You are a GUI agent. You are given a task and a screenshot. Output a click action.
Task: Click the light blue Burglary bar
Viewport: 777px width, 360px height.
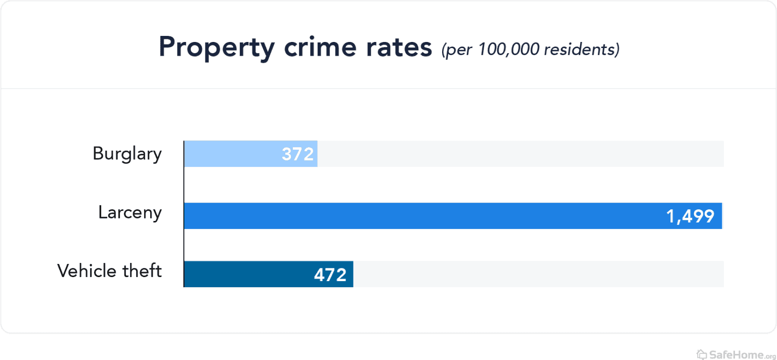point(233,154)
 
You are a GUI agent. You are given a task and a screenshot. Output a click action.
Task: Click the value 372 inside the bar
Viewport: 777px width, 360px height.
point(298,154)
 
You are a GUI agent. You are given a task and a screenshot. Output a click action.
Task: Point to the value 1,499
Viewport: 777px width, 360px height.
point(690,216)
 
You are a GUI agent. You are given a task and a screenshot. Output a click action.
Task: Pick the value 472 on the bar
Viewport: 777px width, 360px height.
point(330,275)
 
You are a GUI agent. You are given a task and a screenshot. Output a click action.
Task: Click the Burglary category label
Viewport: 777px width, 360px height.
point(127,154)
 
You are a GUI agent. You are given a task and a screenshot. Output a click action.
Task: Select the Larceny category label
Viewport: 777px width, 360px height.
point(130,213)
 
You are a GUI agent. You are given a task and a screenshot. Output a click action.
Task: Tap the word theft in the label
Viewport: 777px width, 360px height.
point(142,271)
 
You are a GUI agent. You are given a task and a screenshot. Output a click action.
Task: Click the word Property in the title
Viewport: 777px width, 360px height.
point(216,48)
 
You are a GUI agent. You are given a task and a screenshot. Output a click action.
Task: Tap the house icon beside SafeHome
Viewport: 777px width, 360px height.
point(702,353)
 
